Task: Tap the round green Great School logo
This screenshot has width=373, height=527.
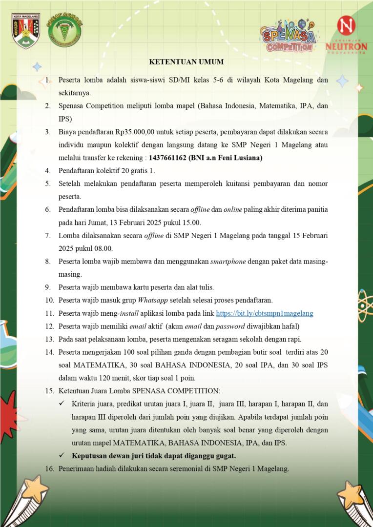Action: point(64,30)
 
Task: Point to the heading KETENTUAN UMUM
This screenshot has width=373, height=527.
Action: point(186,62)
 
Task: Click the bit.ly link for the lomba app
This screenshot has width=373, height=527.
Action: point(264,313)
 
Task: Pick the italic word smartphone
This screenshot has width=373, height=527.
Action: point(228,262)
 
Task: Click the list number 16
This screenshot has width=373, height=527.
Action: point(49,469)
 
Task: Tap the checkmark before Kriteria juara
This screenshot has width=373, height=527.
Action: point(62,404)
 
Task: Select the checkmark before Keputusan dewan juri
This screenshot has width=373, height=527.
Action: point(62,456)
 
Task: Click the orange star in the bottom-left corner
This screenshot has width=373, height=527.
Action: point(35,489)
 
